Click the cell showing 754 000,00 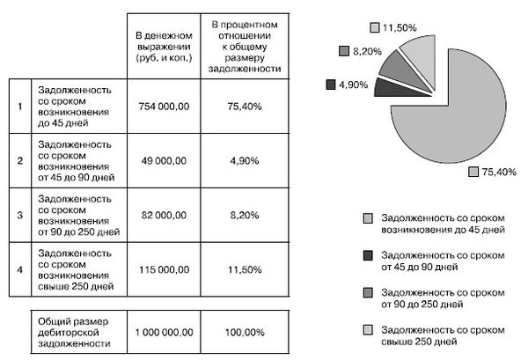coord(164,105)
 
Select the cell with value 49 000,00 coord(164,160)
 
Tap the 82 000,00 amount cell coord(164,216)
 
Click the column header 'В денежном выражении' coord(164,42)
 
